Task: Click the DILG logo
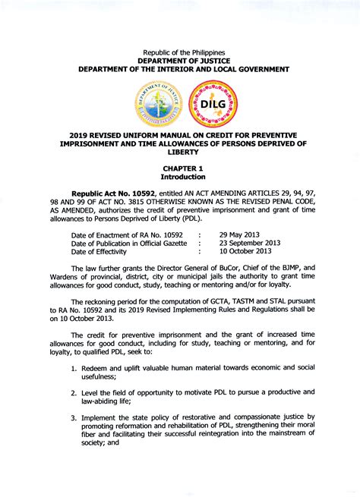(212, 104)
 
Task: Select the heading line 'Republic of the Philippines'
(180, 50)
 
